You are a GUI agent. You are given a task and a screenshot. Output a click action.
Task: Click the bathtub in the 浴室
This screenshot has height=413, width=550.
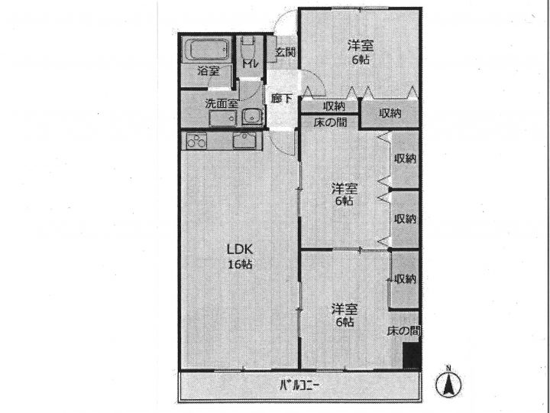coord(206,50)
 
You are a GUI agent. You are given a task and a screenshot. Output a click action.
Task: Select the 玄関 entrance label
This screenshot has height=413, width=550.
coord(285,52)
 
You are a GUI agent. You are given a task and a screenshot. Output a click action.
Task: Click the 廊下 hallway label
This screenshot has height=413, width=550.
coord(281,99)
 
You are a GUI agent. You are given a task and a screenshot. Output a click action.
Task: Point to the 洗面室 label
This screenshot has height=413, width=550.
coord(222,103)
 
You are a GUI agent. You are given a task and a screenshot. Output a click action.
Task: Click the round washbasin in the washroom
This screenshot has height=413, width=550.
coord(252,116)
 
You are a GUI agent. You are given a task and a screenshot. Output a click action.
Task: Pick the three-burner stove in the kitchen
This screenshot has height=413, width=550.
coord(196,141)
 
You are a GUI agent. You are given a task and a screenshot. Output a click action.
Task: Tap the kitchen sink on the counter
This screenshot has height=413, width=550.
coord(247,141)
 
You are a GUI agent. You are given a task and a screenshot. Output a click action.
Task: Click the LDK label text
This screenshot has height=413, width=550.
coord(240,249)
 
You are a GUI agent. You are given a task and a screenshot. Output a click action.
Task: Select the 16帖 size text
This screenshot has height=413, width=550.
coord(240,264)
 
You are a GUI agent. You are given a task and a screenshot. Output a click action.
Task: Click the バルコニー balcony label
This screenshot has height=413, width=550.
coord(299,385)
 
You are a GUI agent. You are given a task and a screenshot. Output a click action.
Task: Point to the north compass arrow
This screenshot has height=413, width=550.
coord(448,384)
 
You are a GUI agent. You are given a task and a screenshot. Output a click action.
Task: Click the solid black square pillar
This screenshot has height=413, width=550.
coord(411,356)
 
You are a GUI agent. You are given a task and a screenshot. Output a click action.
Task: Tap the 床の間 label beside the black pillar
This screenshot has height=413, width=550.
coord(403,330)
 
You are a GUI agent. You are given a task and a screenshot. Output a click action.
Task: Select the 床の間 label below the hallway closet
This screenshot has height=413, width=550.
coord(331,122)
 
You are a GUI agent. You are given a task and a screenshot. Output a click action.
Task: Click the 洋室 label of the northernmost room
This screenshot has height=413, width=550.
coord(361,46)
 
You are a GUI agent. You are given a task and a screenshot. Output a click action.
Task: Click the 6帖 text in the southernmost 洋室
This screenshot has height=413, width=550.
coord(345,322)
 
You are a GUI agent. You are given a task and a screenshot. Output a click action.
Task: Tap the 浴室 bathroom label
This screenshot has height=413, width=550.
coord(209,71)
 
